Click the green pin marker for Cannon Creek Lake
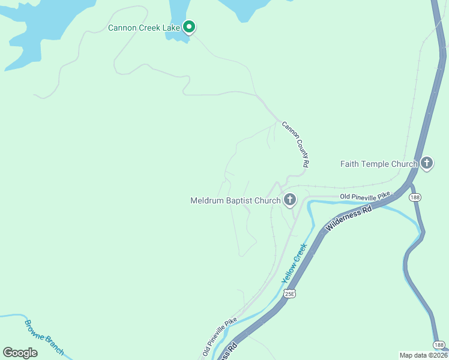[x=189, y=26]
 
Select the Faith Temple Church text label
[x=378, y=164]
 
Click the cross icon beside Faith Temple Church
[x=427, y=163]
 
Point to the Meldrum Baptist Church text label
[x=235, y=200]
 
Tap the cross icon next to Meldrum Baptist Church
[x=290, y=199]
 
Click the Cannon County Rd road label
[x=295, y=144]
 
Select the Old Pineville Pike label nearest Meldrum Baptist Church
[x=365, y=196]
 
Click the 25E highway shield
[x=289, y=294]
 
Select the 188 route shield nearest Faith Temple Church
[x=414, y=197]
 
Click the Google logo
[x=20, y=353]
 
